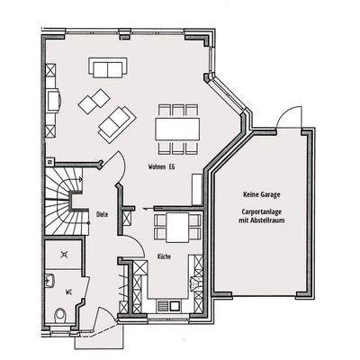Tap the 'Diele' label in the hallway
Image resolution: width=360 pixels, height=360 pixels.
pos(102,214)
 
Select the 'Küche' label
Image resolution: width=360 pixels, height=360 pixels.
pos(164,257)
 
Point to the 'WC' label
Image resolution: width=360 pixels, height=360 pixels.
pos(68,292)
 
